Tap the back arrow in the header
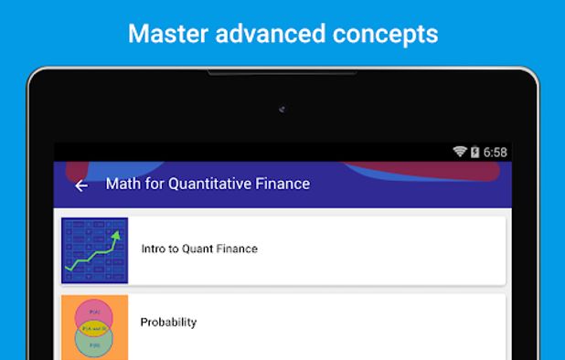coord(81,185)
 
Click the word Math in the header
coord(122,184)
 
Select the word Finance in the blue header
coord(282,184)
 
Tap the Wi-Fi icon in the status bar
coord(460,152)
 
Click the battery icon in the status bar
coord(474,152)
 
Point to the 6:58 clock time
coord(495,152)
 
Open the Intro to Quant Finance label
coord(199,249)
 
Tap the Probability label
coord(168,322)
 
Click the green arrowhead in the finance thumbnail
coord(116,236)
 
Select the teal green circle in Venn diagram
coord(94,342)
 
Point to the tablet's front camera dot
coord(282,110)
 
